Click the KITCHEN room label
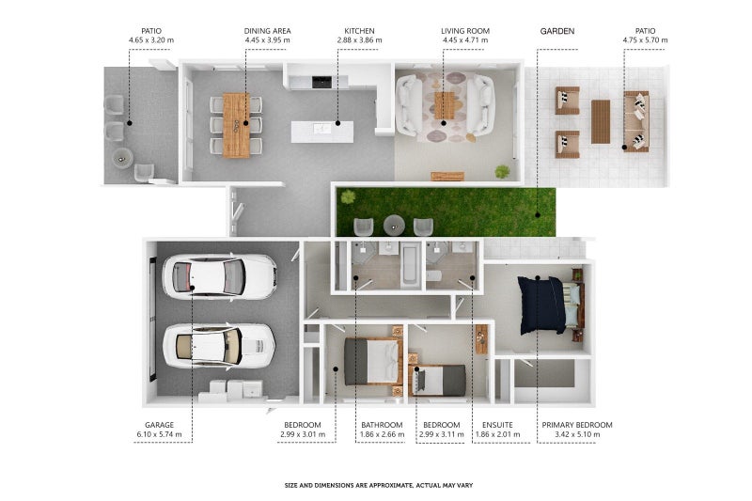point(359,31)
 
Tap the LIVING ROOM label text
point(465,31)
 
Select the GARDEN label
point(557,31)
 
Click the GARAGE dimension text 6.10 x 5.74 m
point(159,434)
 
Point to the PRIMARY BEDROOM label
point(577,425)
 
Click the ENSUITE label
point(497,425)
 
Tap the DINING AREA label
point(267,31)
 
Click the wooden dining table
point(236,126)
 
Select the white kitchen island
point(322,132)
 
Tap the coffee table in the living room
point(444,105)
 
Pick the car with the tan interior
point(219,347)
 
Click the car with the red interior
point(220,277)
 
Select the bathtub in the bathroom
point(411,265)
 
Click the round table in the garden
point(394,225)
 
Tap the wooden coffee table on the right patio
point(601,122)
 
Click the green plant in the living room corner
point(502,171)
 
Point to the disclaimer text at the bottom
point(379,485)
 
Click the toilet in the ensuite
point(433,276)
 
